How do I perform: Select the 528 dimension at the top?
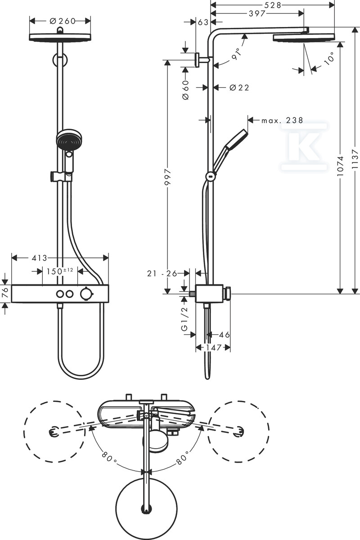pyautogui.click(x=273, y=5)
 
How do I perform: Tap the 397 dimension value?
pyautogui.click(x=257, y=13)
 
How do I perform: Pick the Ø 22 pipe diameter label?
pyautogui.click(x=239, y=88)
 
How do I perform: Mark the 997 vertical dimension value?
pyautogui.click(x=168, y=177)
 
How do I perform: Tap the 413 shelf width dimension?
pyautogui.click(x=40, y=258)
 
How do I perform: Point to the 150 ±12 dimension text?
pyautogui.click(x=60, y=271)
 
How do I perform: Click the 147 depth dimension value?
pyautogui.click(x=213, y=347)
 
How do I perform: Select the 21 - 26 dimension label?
pyautogui.click(x=162, y=273)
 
